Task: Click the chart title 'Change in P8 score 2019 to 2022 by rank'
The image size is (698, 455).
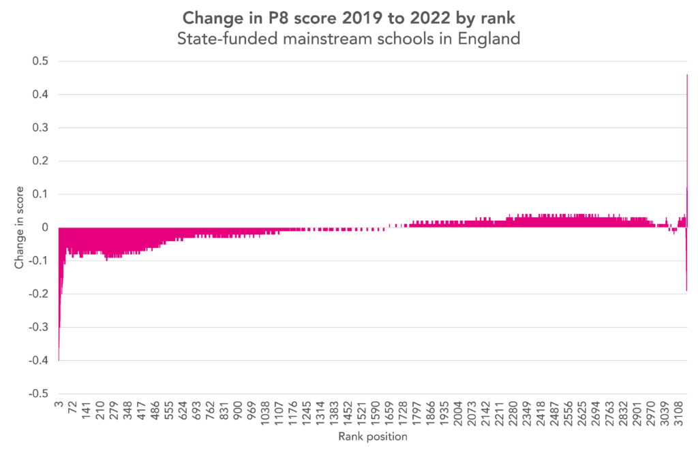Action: [348, 16]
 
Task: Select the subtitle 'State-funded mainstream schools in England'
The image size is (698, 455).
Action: [348, 39]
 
